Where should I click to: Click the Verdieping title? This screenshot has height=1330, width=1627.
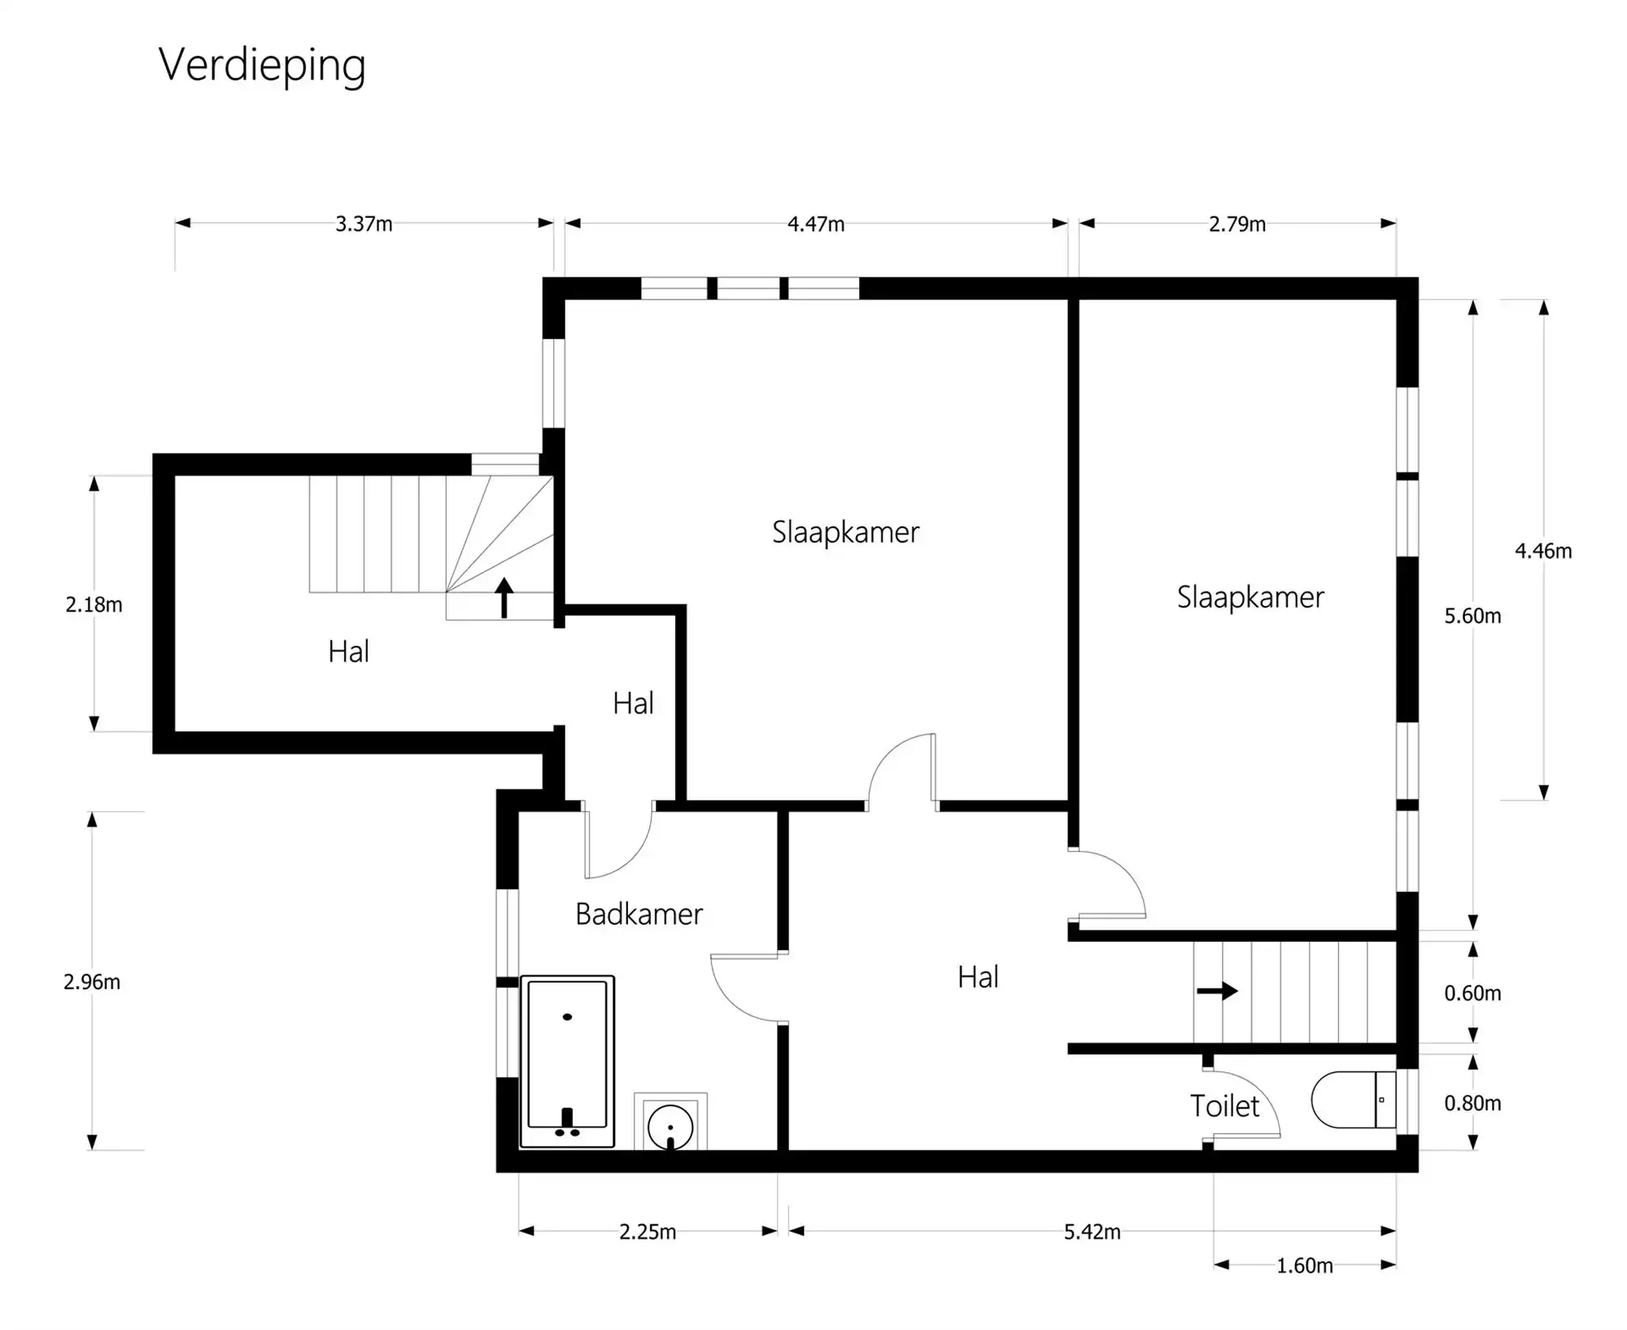click(262, 65)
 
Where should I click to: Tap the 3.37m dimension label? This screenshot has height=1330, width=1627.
click(364, 224)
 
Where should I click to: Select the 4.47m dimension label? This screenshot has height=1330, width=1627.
click(815, 224)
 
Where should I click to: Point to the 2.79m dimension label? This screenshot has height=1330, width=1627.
click(1237, 224)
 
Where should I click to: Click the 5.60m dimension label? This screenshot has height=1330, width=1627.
click(1472, 616)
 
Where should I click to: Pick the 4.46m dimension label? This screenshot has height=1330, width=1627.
click(1542, 551)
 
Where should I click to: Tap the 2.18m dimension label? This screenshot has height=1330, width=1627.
click(94, 604)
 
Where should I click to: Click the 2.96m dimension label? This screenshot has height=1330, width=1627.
click(92, 982)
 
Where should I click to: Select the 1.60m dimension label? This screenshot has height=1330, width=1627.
click(1304, 1266)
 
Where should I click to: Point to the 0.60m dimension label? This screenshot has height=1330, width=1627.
click(1472, 992)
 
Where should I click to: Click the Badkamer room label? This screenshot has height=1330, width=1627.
click(639, 914)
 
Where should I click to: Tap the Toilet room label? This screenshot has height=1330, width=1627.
click(1224, 1106)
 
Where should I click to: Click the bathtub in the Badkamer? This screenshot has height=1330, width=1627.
click(567, 1061)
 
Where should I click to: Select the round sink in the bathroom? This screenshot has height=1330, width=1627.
click(670, 1127)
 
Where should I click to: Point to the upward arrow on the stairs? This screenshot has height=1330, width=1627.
click(504, 597)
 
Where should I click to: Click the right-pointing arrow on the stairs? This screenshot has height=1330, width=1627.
click(1217, 991)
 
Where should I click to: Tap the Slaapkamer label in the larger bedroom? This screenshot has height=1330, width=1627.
click(845, 532)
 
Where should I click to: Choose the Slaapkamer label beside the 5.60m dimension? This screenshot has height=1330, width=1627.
click(1250, 597)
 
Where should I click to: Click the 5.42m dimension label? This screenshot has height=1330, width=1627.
click(1092, 1232)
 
